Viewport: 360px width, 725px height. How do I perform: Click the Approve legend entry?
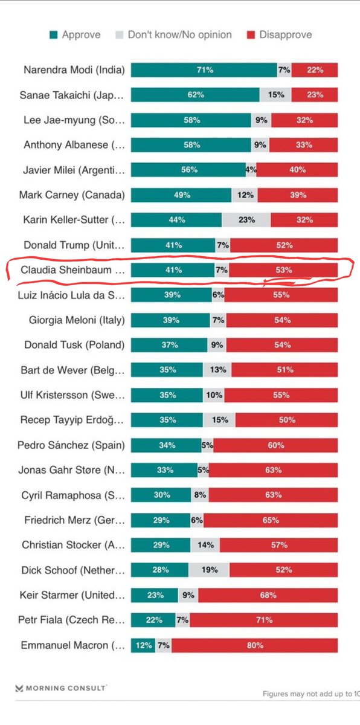coord(75,34)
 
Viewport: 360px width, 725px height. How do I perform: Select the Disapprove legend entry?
coord(278,34)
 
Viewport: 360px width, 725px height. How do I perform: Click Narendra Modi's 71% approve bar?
coord(204,70)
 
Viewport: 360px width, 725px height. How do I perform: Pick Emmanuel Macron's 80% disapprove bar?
coord(254,645)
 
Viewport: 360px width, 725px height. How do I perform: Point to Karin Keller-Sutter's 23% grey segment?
coord(246,220)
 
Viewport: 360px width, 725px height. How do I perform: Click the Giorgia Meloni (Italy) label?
coord(77,320)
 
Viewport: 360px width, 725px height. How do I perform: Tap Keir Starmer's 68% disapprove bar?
coord(268,595)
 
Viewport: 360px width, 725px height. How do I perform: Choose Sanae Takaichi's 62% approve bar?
coord(195,95)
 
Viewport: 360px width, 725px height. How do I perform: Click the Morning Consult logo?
coord(61,688)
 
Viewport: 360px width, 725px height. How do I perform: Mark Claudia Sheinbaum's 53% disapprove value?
coord(283,270)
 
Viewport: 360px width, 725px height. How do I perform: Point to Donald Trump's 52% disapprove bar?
coord(284,245)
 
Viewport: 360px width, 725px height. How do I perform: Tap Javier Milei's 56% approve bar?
coord(188,170)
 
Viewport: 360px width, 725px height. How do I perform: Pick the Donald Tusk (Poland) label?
coord(74,345)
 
